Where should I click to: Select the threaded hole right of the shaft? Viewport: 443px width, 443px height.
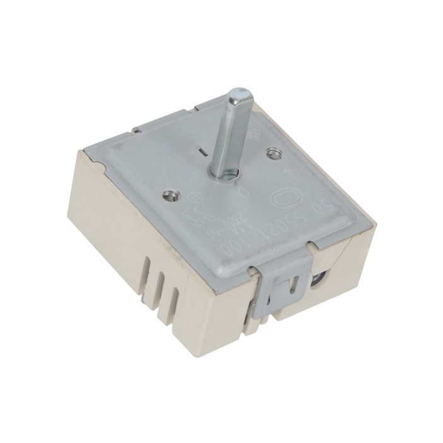click(272, 152)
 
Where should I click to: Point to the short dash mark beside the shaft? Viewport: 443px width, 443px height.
click(200, 152)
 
